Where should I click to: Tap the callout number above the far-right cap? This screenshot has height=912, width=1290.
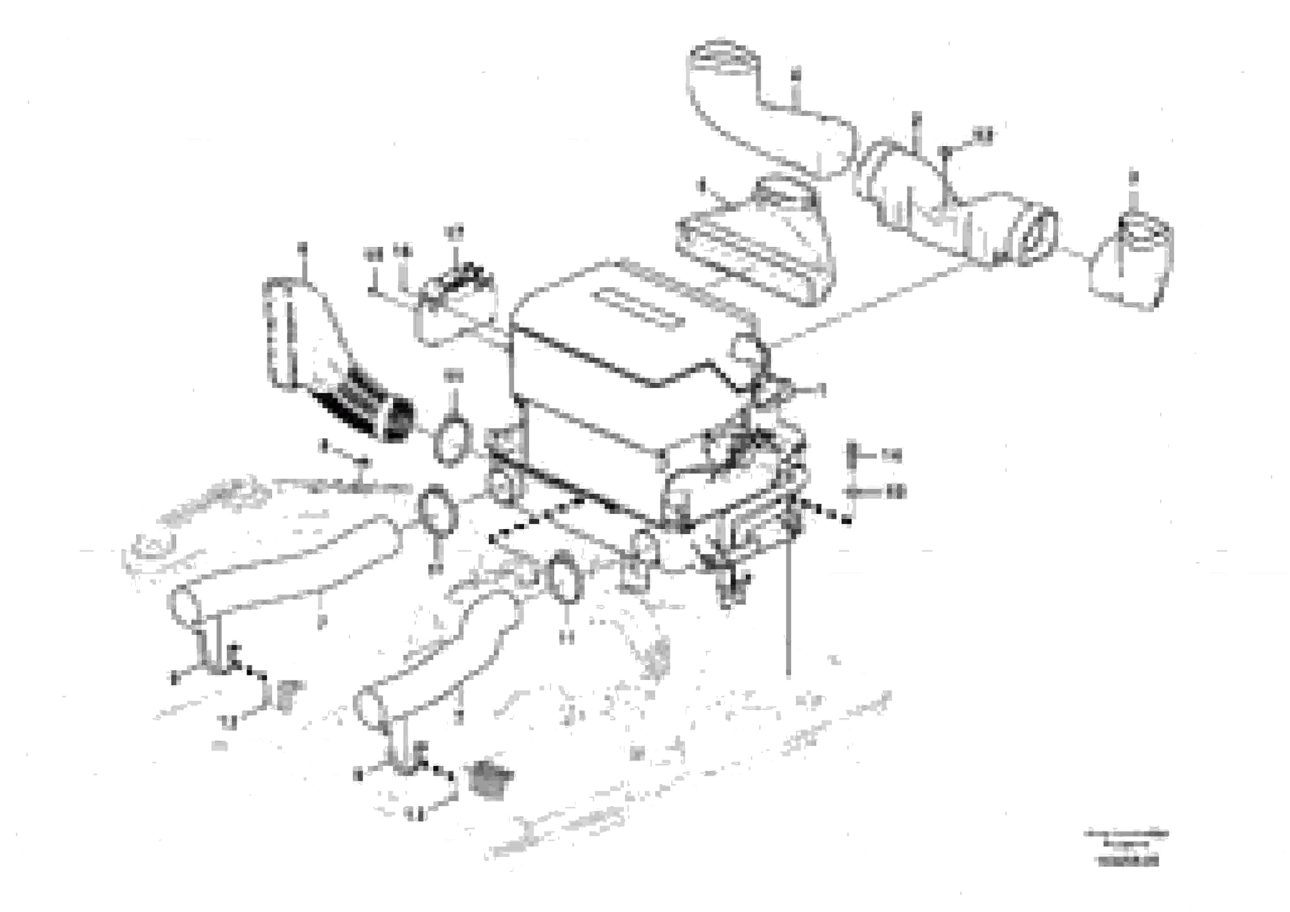point(1133,177)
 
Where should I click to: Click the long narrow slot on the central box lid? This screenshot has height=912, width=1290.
point(640,309)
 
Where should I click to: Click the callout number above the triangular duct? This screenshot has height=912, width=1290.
point(303,247)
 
